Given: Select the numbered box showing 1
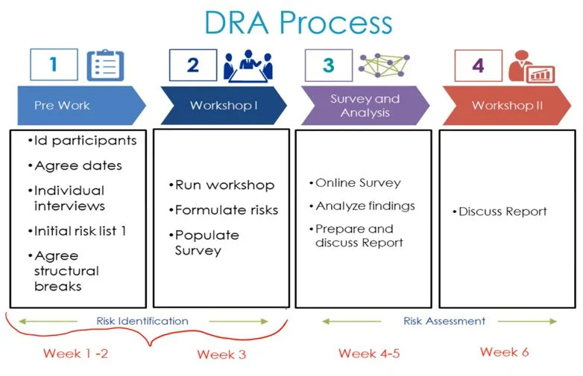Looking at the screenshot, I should (53, 65).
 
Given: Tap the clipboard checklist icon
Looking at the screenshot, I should (105, 66).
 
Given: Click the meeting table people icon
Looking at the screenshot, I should (248, 66).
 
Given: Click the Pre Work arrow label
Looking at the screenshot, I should (62, 106).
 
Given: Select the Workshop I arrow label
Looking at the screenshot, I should (223, 106).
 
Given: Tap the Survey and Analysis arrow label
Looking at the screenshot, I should (365, 106).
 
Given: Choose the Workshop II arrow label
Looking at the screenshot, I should (507, 106).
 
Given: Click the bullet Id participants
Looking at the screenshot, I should (81, 141).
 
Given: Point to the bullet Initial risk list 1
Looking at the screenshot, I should (81, 231).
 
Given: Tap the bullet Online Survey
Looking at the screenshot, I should (354, 183).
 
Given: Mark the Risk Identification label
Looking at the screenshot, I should (142, 322).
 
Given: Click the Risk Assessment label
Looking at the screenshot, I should (444, 322).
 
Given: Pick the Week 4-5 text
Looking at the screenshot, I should (368, 353).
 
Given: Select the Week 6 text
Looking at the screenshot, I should (504, 351).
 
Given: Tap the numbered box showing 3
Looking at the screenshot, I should (329, 65).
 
